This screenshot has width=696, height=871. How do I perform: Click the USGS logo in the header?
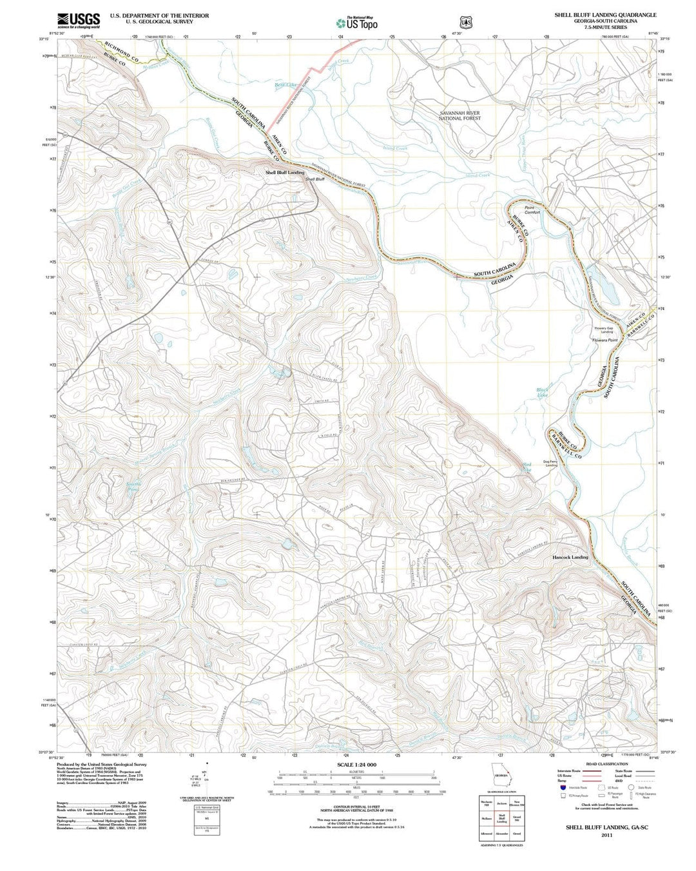78,21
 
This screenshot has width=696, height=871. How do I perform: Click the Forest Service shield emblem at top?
465,21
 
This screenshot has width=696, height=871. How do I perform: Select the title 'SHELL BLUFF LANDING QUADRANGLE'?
605,14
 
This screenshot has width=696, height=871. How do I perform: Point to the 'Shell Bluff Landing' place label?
284,173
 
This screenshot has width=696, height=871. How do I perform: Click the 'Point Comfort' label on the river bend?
532,210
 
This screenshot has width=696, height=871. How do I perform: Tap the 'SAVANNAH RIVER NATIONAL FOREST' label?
459,116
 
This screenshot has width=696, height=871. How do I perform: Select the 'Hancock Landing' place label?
570,557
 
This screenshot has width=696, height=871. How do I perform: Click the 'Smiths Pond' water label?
133,487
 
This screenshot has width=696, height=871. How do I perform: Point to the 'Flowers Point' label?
605,340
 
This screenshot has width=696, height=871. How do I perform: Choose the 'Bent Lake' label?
285,85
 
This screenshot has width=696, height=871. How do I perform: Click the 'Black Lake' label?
543,393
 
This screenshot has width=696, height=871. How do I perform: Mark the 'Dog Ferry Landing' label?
550,463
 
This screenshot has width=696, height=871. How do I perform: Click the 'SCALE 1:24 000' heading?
356,765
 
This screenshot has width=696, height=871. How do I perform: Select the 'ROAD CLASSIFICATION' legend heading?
603,763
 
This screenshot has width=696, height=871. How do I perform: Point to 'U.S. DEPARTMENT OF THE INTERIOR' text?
159,15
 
